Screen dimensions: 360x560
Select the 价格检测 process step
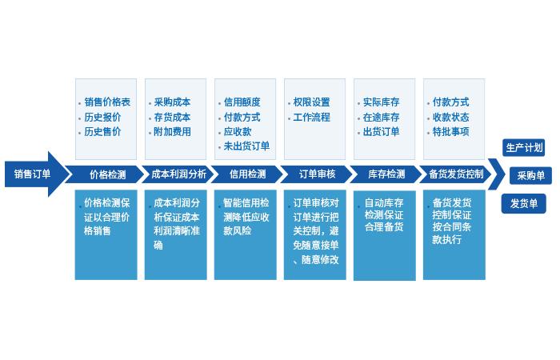pyautogui.click(x=107, y=174)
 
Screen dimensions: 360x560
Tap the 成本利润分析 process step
pyautogui.click(x=178, y=174)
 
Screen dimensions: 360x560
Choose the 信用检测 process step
pyautogui.click(x=247, y=174)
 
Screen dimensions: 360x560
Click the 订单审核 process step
pyautogui.click(x=317, y=174)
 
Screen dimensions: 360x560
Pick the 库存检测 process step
pyautogui.click(x=386, y=174)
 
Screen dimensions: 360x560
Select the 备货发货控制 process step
pyautogui.click(x=456, y=174)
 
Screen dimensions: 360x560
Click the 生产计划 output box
pyautogui.click(x=525, y=148)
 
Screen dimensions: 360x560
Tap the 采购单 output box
pyautogui.click(x=530, y=176)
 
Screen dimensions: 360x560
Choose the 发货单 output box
pyautogui.click(x=524, y=203)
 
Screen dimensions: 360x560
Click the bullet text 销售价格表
pyautogui.click(x=107, y=102)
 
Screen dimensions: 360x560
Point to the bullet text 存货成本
pyautogui.click(x=172, y=117)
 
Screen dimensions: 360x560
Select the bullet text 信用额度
pyautogui.click(x=242, y=102)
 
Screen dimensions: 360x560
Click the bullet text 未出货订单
pyautogui.click(x=246, y=146)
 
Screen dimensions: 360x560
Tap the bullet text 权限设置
pyautogui.click(x=311, y=102)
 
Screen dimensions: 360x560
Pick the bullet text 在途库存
pyautogui.click(x=381, y=117)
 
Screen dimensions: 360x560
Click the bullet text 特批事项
pyautogui.click(x=450, y=131)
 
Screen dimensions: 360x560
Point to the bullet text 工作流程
pyautogui.click(x=311, y=117)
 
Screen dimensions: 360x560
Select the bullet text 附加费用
pyautogui.click(x=172, y=131)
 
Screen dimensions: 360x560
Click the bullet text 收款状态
pyautogui.click(x=450, y=117)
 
